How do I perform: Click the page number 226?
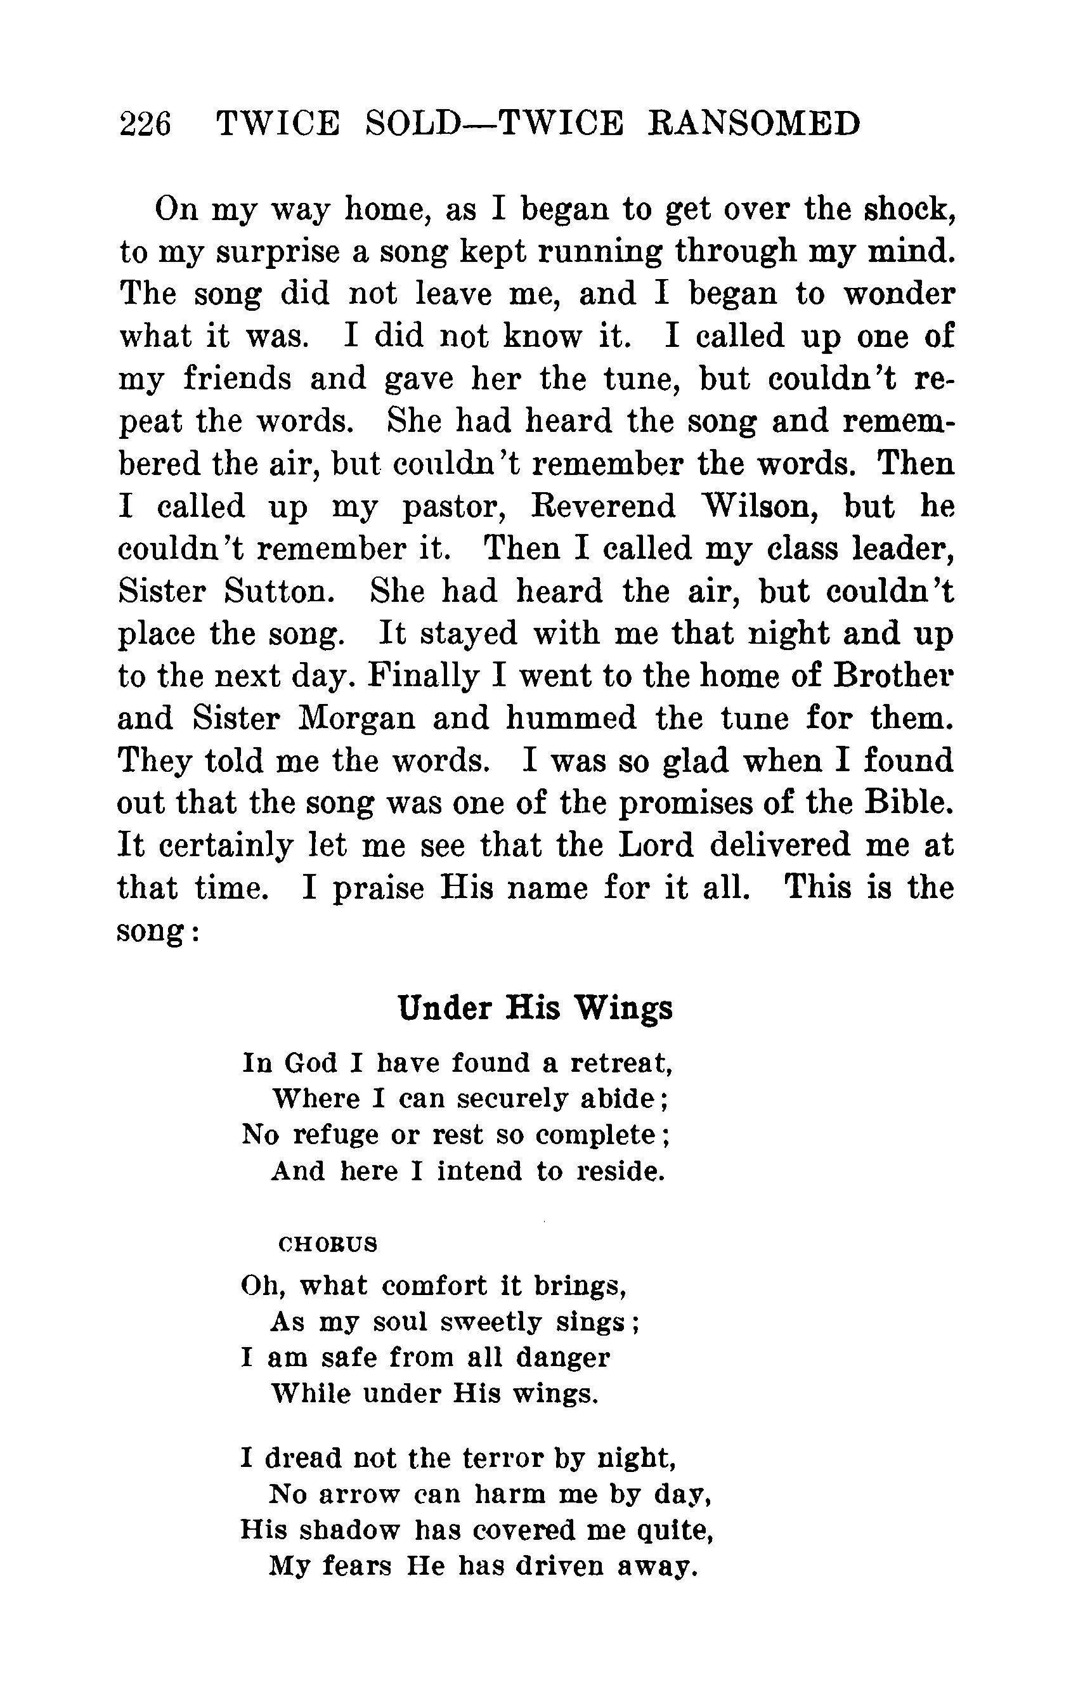(146, 125)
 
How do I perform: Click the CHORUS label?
(328, 1244)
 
